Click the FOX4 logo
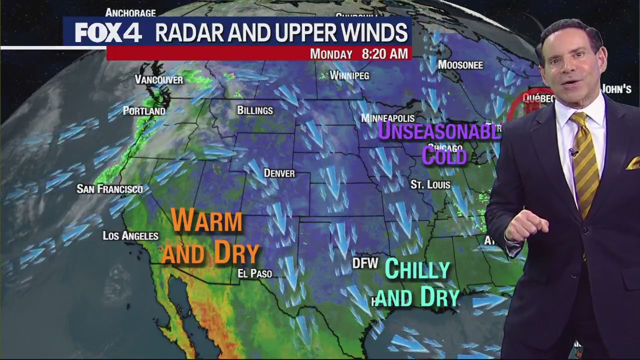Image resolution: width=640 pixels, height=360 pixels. click(x=108, y=33)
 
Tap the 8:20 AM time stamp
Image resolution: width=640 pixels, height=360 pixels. click(x=384, y=53)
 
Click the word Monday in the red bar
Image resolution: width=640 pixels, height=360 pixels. click(x=331, y=54)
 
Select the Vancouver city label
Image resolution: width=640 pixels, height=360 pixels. click(x=159, y=79)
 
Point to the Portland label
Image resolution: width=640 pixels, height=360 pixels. click(x=144, y=111)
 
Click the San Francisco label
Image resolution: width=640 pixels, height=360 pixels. click(x=109, y=189)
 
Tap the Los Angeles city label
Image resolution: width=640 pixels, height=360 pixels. click(x=130, y=235)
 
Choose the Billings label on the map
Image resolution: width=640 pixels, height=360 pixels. click(x=255, y=110)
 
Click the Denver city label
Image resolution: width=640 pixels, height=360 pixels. click(x=279, y=173)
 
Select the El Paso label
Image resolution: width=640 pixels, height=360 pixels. click(x=255, y=273)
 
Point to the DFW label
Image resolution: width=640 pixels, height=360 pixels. click(x=365, y=263)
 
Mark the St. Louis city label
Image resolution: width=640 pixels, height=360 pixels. click(x=430, y=184)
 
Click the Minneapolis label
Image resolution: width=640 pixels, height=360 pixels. click(x=388, y=118)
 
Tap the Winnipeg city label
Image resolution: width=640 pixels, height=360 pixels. click(x=349, y=75)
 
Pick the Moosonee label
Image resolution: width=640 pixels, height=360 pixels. click(x=460, y=65)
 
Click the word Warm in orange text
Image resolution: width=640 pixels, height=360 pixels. click(x=206, y=220)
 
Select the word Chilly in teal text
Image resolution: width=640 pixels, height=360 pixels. click(x=417, y=270)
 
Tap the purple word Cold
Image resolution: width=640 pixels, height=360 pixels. click(x=444, y=155)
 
